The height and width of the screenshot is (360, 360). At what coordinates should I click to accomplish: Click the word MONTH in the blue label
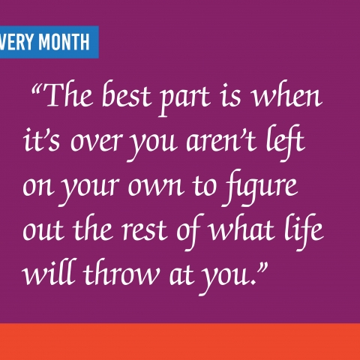(x=64, y=42)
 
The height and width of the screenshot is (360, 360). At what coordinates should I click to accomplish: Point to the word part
(x=184, y=99)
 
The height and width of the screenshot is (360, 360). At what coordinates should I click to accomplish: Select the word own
(x=156, y=187)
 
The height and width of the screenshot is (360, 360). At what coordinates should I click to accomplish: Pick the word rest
(x=144, y=230)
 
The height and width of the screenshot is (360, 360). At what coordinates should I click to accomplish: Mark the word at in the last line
(x=181, y=275)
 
